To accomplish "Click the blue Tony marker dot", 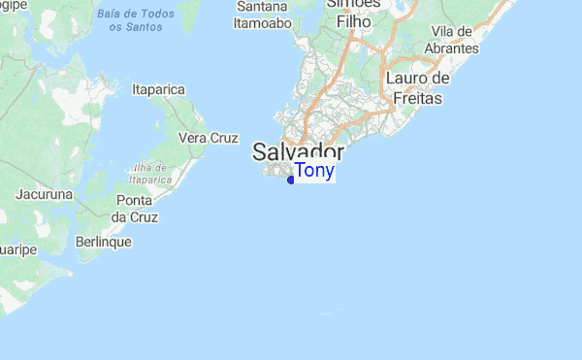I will pyautogui.click(x=291, y=180).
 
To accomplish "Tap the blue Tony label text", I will pyautogui.click(x=314, y=172).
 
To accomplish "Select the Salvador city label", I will pyautogui.click(x=298, y=152).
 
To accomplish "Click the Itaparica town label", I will pyautogui.click(x=158, y=90).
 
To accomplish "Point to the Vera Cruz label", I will pyautogui.click(x=209, y=138).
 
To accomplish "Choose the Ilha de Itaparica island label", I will pyautogui.click(x=151, y=173).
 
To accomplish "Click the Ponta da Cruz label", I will pyautogui.click(x=134, y=209).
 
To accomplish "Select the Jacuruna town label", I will pyautogui.click(x=45, y=194).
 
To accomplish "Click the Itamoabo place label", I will pyautogui.click(x=264, y=24).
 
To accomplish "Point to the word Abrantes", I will pyautogui.click(x=451, y=48).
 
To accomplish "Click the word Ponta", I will pyautogui.click(x=134, y=200).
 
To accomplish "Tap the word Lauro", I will pyautogui.click(x=405, y=78).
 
